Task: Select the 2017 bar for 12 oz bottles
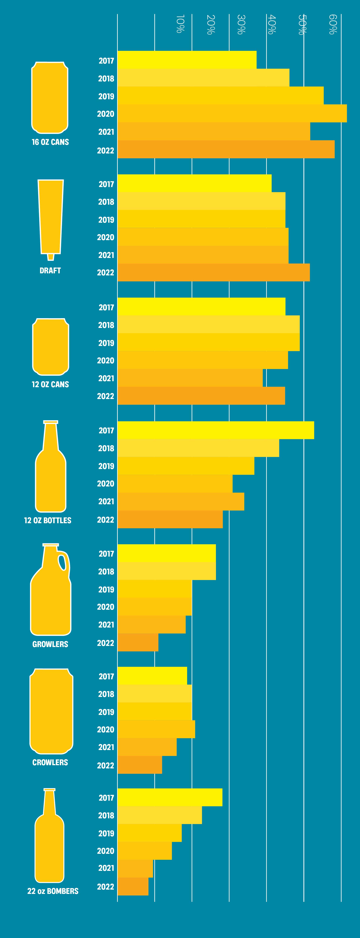tap(215, 430)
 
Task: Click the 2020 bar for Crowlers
tap(156, 729)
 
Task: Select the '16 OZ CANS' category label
tap(50, 142)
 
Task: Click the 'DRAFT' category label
tap(50, 271)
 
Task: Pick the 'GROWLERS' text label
tap(50, 644)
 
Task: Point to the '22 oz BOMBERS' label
tap(53, 891)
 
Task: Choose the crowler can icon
tap(51, 711)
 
